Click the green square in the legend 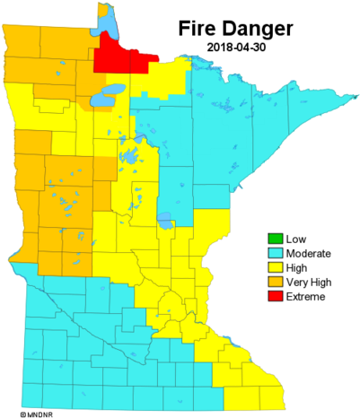tap(276, 239)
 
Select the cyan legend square tap(276, 253)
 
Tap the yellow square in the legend tap(276, 267)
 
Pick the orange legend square tap(276, 282)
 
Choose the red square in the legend tap(276, 295)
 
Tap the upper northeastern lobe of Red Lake tap(115, 90)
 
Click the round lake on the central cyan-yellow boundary tap(165, 217)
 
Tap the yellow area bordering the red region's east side tap(166, 76)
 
